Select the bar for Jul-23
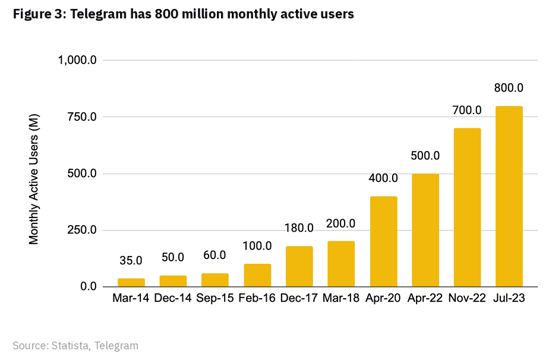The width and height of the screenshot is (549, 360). coord(509,197)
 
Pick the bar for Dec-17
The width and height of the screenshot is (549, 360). coord(299,267)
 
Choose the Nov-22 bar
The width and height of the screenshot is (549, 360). coord(467,208)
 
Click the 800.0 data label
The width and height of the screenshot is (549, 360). coord(509,88)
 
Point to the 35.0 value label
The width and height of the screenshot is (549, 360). coord(131,260)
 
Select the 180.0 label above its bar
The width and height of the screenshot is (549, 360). coord(299,228)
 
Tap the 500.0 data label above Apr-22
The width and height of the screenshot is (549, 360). coord(425,156)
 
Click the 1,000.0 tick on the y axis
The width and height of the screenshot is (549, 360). coord(77,60)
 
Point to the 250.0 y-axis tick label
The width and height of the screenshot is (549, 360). coord(81,230)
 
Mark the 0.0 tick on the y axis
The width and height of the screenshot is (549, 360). coord(89,287)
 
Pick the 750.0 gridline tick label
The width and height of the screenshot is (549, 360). coord(81,117)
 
